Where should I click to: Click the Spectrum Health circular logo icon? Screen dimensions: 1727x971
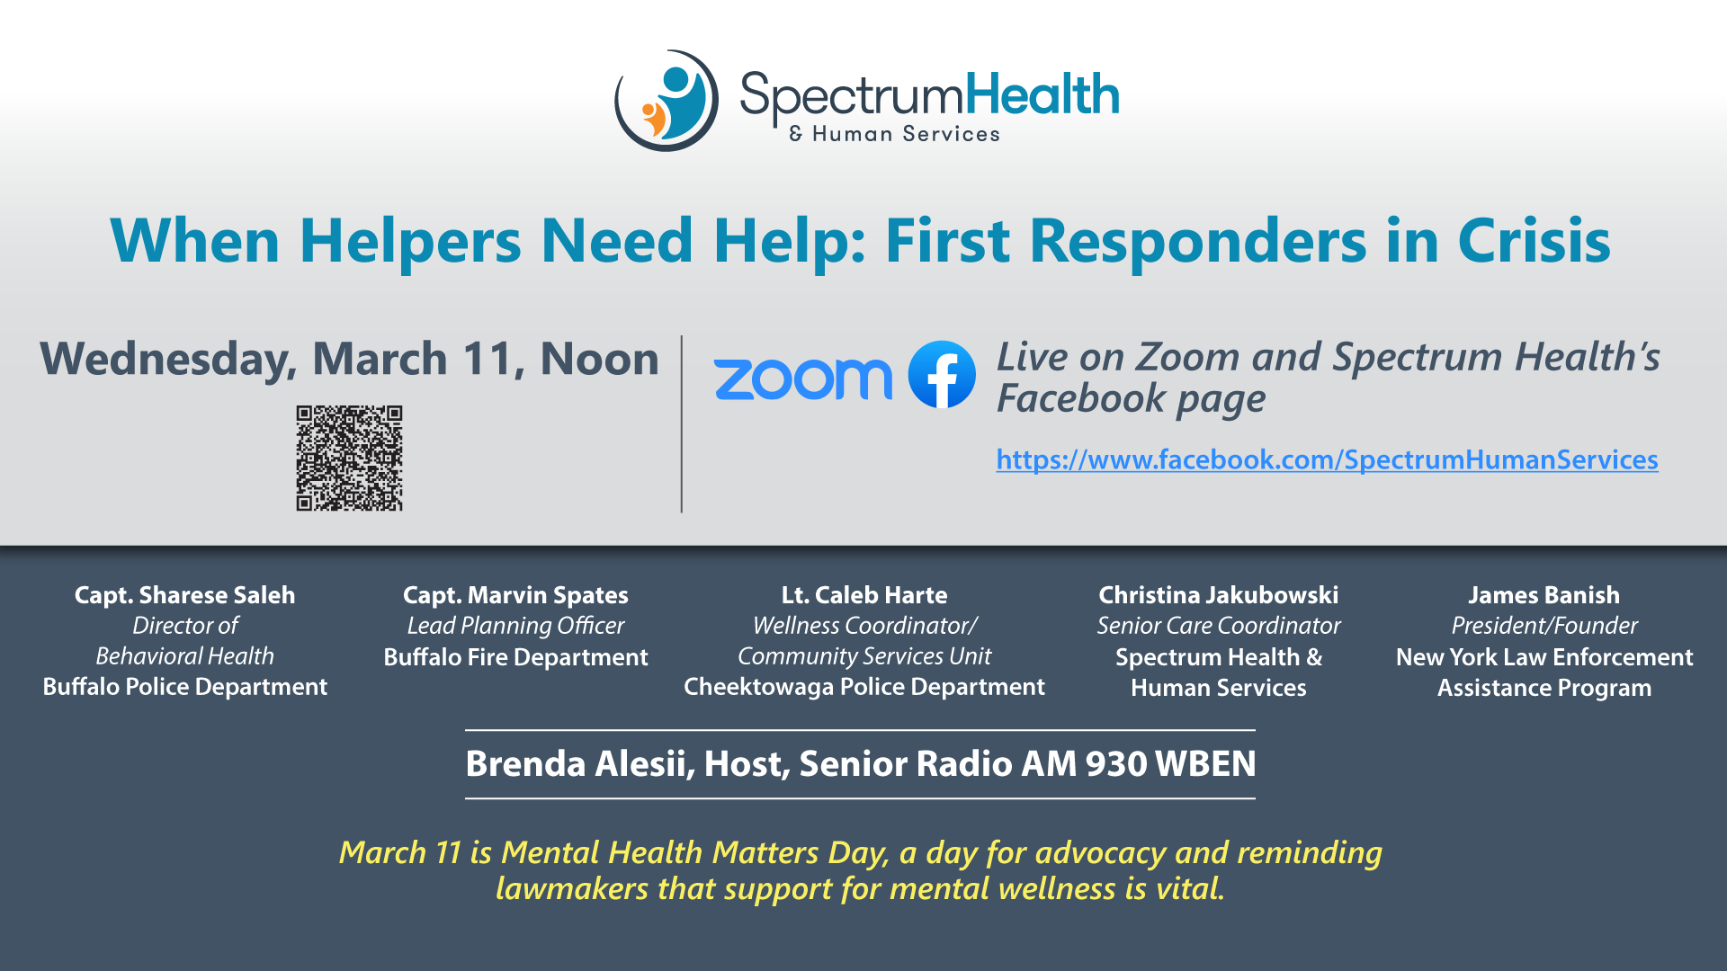coord(666,101)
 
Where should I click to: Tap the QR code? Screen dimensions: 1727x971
coord(350,459)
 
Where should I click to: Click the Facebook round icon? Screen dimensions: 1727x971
coord(942,375)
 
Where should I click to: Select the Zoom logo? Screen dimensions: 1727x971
coord(802,379)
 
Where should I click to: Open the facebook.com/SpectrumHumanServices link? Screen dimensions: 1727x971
coord(1327,459)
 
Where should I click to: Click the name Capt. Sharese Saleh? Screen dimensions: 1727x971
coord(184,595)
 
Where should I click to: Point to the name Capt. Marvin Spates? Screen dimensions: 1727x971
coord(515,595)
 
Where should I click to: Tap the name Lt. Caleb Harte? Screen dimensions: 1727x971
coord(864,595)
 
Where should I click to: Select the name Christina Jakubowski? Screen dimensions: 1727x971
coord(1219,595)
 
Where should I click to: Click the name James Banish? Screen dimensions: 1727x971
coord(1544,595)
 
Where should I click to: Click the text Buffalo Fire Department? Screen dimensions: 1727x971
coord(515,657)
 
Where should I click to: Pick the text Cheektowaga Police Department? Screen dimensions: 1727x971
coord(864,687)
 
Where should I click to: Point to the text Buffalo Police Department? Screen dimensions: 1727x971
coord(184,687)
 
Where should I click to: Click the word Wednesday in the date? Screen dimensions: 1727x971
coord(168,360)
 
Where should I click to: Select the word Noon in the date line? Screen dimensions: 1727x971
coord(599,359)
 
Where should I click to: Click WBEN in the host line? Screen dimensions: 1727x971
coord(1205,764)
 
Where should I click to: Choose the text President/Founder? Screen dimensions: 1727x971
coord(1544,626)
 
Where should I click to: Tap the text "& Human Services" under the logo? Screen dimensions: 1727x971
coord(894,134)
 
